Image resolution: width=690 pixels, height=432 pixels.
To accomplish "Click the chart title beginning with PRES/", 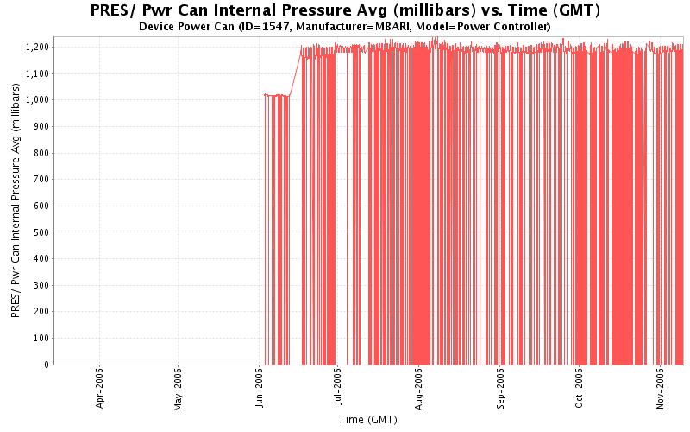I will pyautogui.click(x=345, y=10).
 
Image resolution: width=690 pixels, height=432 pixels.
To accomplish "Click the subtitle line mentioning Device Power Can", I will pyautogui.click(x=345, y=26).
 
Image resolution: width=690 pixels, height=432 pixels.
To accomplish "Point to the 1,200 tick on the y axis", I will pyautogui.click(x=37, y=47).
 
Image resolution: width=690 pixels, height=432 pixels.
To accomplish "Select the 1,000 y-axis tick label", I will pyautogui.click(x=37, y=99).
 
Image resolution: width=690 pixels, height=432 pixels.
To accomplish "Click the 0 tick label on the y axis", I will pyautogui.click(x=47, y=365).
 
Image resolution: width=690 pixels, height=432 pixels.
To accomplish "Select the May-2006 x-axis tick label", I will pyautogui.click(x=178, y=390).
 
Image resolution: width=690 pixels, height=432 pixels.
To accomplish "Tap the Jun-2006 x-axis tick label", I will pyautogui.click(x=260, y=390).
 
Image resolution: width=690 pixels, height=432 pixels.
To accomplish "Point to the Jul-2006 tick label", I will pyautogui.click(x=337, y=390).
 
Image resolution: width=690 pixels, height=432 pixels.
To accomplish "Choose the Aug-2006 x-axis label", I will pyautogui.click(x=419, y=390).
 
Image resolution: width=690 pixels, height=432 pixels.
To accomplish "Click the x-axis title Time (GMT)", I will pyautogui.click(x=368, y=420).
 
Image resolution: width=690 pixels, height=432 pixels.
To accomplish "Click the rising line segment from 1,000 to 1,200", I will pyautogui.click(x=295, y=73).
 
